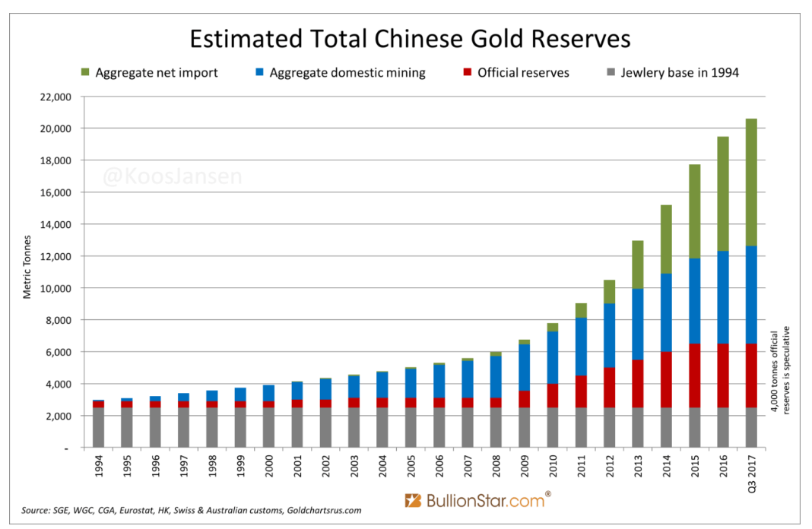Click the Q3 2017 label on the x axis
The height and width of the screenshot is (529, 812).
click(752, 473)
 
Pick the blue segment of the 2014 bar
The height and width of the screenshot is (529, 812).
click(667, 312)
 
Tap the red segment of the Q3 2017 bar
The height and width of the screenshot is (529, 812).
click(752, 375)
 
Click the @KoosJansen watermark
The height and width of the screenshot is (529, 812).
click(173, 177)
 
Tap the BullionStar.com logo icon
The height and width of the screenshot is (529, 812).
click(413, 501)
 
